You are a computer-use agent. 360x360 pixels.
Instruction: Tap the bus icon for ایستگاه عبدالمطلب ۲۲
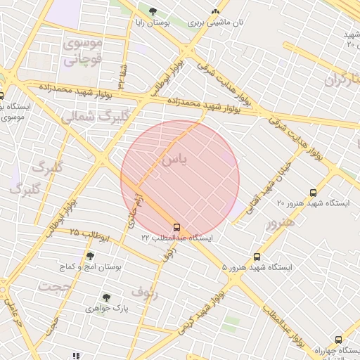176,227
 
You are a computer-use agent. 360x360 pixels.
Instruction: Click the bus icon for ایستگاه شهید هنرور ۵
257,257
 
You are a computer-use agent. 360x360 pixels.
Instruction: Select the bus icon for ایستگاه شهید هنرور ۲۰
313,193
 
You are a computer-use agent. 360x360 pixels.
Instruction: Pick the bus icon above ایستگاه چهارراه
338,340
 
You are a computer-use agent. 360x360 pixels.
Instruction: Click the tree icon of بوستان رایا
153,11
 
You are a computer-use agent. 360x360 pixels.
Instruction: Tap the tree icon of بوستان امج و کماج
89,256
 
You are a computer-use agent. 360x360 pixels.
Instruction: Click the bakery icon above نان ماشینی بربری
215,11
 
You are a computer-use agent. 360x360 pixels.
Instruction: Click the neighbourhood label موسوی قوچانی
83,51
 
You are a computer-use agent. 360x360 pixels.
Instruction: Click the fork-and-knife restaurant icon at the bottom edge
76,355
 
